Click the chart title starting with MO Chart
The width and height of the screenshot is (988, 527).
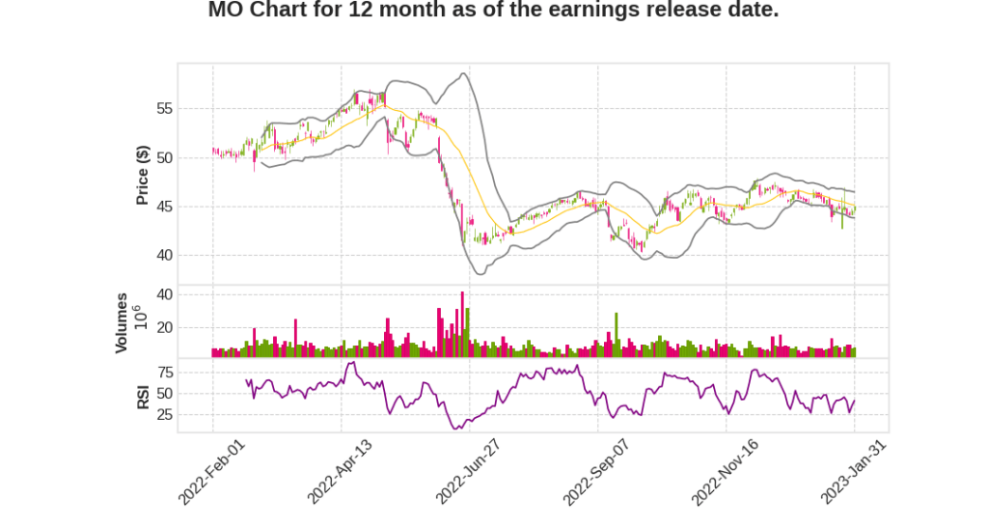click(x=493, y=11)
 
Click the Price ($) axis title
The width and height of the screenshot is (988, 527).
click(x=143, y=175)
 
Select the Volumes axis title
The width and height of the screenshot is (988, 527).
click(x=122, y=322)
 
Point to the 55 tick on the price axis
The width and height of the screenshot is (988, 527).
click(x=164, y=109)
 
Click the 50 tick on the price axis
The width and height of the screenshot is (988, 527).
click(x=164, y=157)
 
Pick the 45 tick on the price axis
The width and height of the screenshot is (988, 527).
click(x=164, y=207)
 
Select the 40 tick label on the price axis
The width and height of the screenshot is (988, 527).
click(x=164, y=256)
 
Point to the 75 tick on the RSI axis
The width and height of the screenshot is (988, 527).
click(x=164, y=373)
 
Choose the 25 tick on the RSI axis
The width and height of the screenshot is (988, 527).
click(x=164, y=415)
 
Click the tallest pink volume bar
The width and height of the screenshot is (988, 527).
click(x=462, y=324)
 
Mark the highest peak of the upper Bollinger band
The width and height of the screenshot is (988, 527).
click(x=464, y=73)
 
